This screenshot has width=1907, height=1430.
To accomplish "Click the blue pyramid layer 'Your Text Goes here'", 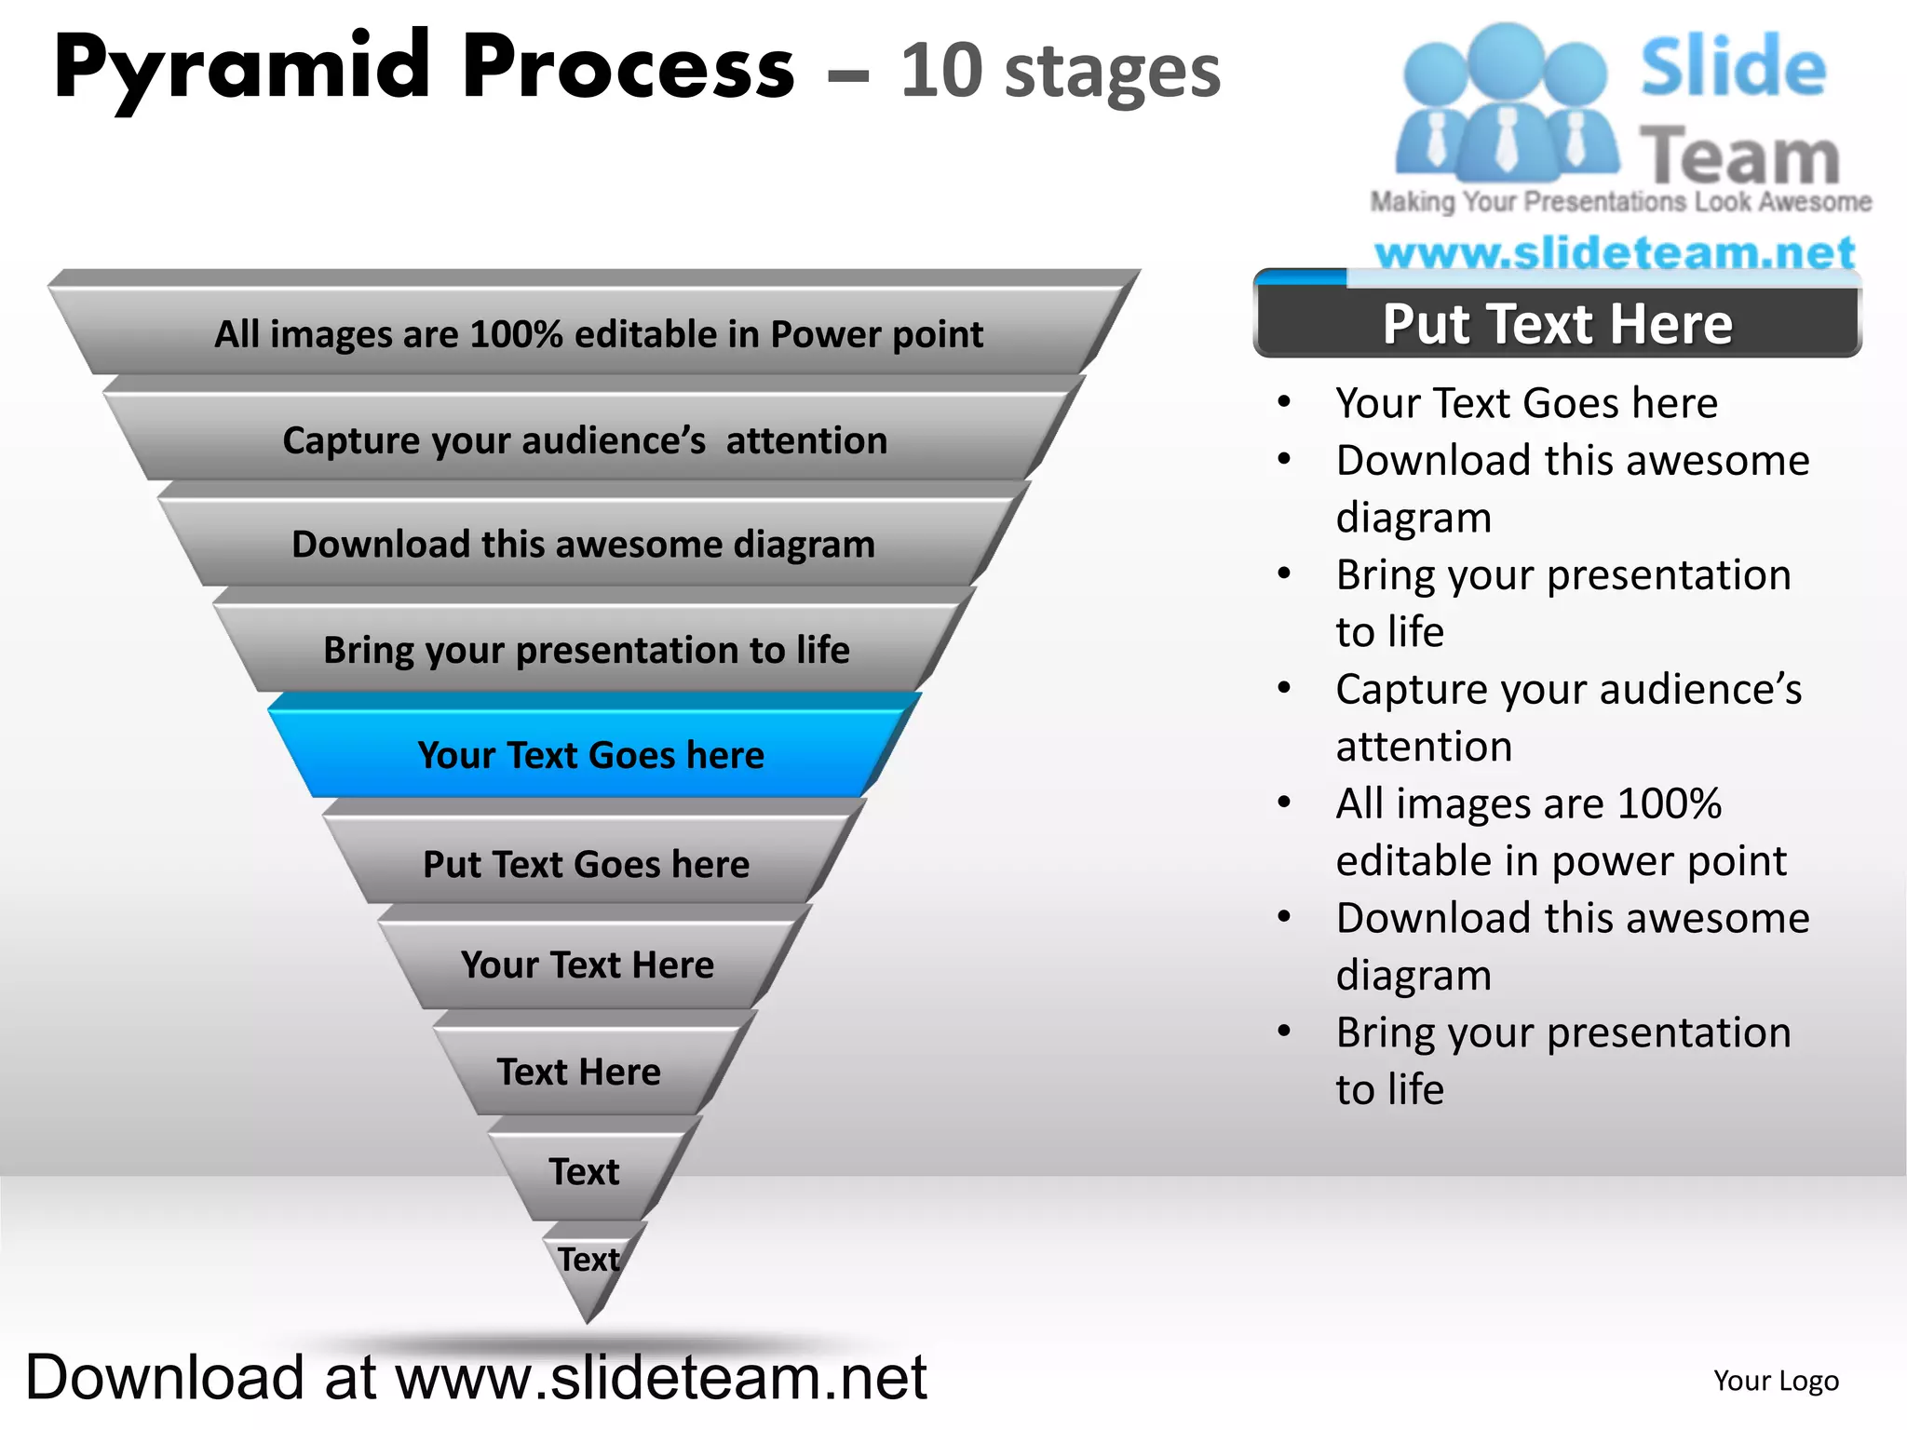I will [591, 754].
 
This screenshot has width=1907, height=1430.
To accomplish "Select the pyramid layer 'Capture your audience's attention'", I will [585, 440].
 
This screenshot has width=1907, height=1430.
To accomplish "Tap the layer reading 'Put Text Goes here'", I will [587, 864].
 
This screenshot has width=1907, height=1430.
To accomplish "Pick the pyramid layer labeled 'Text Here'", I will [579, 1072].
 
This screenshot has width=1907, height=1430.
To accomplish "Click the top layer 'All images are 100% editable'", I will [598, 334].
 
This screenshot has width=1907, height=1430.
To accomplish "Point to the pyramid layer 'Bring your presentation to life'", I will [587, 650].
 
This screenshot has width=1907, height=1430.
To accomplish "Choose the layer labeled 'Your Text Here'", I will [588, 965].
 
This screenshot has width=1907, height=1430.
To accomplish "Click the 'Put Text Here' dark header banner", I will [1557, 324].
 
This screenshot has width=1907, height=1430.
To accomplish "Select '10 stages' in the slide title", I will [1060, 71].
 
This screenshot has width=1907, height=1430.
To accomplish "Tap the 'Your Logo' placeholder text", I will [1776, 1381].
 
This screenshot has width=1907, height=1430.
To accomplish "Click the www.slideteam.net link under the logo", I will [1615, 251].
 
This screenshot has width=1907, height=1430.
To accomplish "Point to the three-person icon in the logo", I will [1505, 102].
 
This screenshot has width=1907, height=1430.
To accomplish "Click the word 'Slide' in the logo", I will [1733, 67].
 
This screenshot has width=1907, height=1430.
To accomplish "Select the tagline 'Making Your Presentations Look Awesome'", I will [1620, 201].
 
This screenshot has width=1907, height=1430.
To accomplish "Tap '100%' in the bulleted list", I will [1670, 803].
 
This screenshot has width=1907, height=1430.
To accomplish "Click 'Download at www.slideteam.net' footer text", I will [476, 1377].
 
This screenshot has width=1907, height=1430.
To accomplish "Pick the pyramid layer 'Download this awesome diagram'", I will [584, 545].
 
